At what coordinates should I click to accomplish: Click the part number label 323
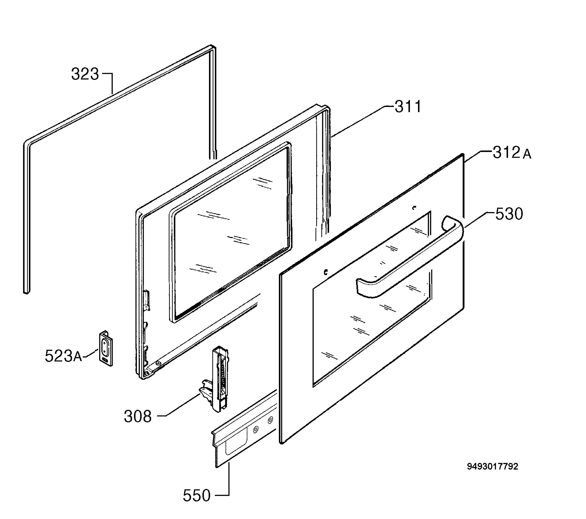coord(85,74)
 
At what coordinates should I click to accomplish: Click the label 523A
coord(63,356)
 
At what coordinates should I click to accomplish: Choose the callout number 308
coord(138,417)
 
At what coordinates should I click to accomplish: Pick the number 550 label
coord(197,496)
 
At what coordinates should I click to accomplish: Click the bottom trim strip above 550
coord(244,430)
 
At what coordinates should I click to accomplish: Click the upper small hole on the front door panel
coord(413,208)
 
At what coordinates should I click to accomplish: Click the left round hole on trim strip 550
coord(255,430)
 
